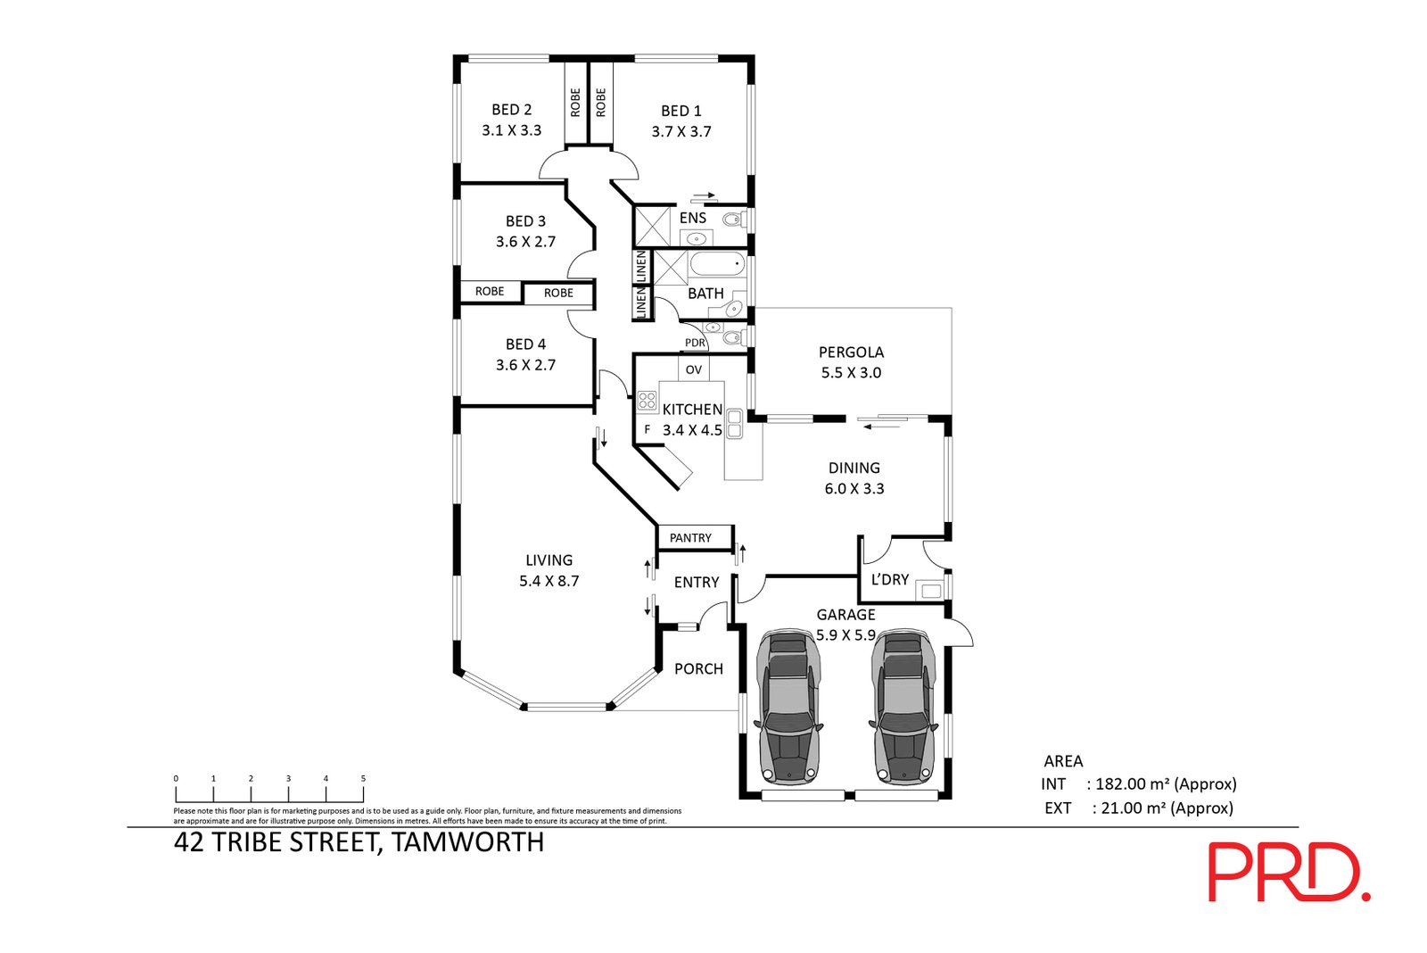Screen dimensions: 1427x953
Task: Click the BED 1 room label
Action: [x=681, y=111]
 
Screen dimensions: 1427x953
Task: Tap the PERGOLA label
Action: [x=851, y=352]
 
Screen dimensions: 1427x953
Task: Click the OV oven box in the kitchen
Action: [x=693, y=369]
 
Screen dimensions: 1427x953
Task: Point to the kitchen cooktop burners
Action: [x=647, y=401]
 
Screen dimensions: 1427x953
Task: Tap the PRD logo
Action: [x=1289, y=872]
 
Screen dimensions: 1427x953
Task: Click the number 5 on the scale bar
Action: [x=363, y=778]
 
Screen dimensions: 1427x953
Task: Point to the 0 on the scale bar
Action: [x=176, y=778]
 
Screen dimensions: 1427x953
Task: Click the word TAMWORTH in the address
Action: [x=467, y=842]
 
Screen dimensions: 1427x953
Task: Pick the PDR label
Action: [x=695, y=343]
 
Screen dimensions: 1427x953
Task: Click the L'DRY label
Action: [x=889, y=579]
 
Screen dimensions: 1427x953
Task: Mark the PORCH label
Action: [x=699, y=669]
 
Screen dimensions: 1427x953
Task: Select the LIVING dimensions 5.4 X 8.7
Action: [x=549, y=582]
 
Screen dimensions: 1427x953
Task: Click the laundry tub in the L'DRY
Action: [x=931, y=591]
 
